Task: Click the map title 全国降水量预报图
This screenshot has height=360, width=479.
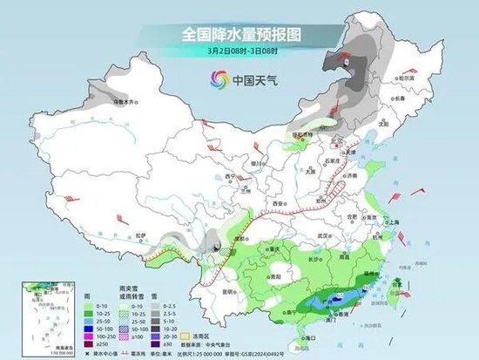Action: tap(239, 34)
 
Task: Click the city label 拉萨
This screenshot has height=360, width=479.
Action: tap(143, 234)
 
